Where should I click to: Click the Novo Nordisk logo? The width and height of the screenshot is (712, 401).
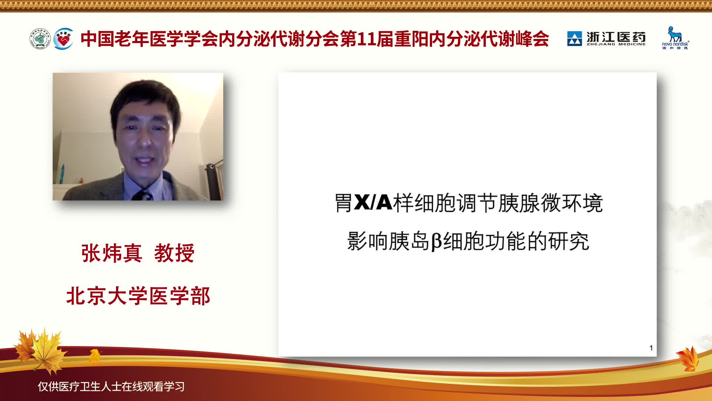(x=675, y=38)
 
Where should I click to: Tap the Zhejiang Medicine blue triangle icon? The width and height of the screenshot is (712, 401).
(x=574, y=39)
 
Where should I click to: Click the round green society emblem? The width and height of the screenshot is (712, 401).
(x=40, y=39)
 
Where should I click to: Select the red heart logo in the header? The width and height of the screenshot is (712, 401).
(x=63, y=39)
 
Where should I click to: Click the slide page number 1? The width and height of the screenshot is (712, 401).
(x=651, y=348)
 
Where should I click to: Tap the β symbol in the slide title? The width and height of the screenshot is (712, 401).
(x=436, y=241)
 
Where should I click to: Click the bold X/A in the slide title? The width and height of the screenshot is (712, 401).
(x=373, y=203)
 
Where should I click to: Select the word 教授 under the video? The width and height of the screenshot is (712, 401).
(x=174, y=253)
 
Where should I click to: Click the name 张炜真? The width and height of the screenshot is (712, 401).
(x=112, y=253)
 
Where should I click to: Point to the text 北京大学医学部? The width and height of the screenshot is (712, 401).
(x=138, y=296)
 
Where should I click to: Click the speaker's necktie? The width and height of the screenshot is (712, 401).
(x=142, y=195)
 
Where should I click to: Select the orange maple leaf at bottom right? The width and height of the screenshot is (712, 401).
(x=688, y=358)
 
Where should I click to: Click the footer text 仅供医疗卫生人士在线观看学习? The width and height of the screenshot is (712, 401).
(x=111, y=387)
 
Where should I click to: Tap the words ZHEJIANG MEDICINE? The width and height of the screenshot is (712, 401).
(x=616, y=44)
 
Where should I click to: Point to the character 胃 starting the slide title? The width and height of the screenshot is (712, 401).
(x=344, y=203)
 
